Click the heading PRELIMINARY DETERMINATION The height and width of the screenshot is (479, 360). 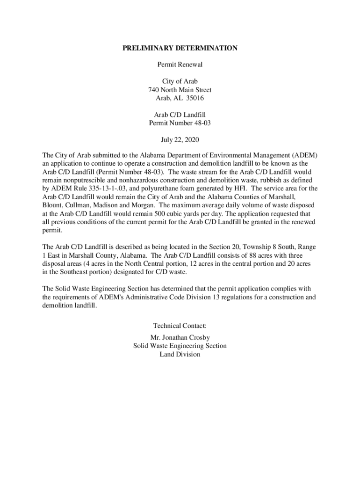tap(180, 48)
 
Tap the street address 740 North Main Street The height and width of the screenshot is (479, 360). tap(180, 89)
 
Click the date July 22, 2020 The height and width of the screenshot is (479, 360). tap(180, 140)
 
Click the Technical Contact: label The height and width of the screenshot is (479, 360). tap(180, 326)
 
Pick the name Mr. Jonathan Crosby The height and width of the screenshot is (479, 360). tap(180, 337)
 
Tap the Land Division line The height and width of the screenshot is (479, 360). tap(180, 354)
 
